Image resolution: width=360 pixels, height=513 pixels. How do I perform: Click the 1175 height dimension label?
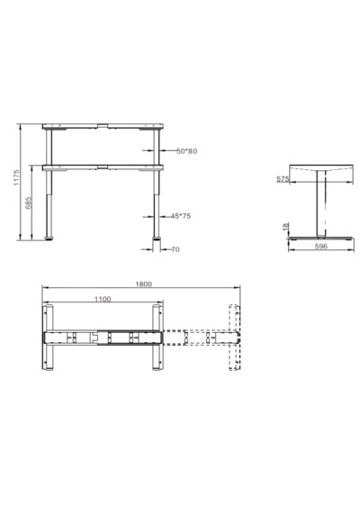(17, 177)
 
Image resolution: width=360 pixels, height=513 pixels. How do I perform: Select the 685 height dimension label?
(29, 202)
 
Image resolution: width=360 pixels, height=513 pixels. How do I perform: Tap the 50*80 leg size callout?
(187, 151)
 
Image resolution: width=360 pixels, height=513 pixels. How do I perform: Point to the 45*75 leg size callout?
(181, 216)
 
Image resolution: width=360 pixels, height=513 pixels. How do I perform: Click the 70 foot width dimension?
(175, 249)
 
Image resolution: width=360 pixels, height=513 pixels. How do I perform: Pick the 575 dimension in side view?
(283, 179)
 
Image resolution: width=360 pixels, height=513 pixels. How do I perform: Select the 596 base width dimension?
(320, 247)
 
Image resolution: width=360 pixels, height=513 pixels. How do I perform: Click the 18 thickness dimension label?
(285, 227)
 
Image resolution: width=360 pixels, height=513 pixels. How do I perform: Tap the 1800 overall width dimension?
(144, 284)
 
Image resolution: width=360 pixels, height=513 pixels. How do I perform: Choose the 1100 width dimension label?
(103, 299)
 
